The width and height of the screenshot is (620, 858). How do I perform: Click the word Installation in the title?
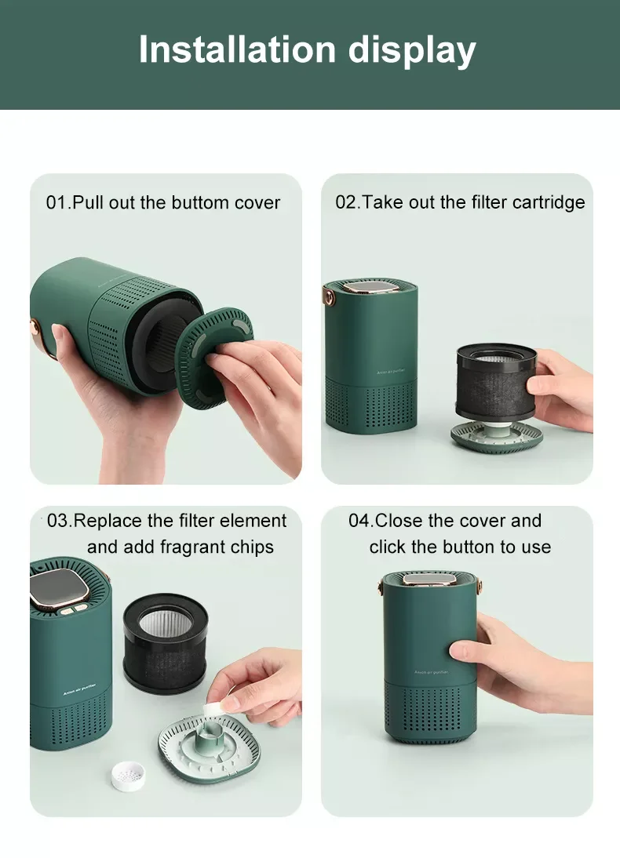[x=237, y=49]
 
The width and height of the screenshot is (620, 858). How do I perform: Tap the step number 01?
[x=56, y=202]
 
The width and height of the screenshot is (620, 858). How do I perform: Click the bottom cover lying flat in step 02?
[x=497, y=437]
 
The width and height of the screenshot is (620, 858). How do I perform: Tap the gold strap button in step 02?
[x=329, y=298]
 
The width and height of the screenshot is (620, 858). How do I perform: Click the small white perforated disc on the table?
[x=129, y=776]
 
